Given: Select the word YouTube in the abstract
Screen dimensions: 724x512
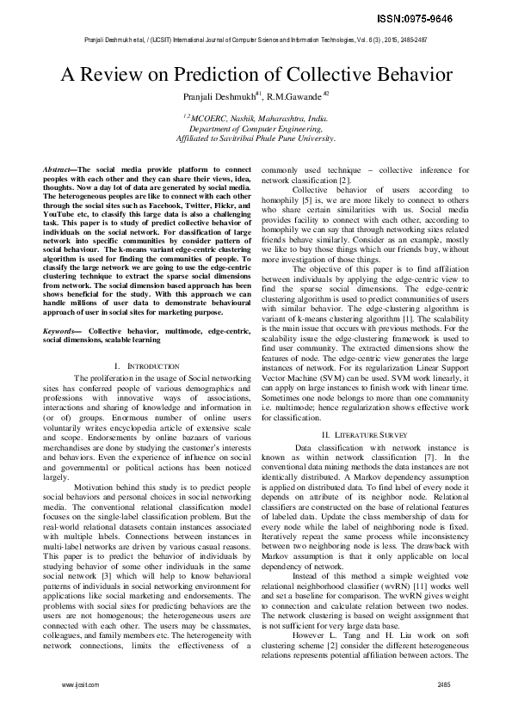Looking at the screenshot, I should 61,216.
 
